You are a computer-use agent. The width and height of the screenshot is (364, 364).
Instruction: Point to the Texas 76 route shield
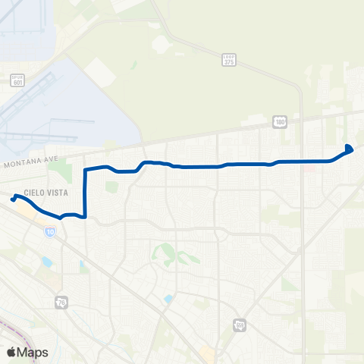[x=61, y=303]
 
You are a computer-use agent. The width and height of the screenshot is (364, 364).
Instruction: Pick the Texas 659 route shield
[x=240, y=325]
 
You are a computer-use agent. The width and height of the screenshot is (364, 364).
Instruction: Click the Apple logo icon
[x=11, y=352]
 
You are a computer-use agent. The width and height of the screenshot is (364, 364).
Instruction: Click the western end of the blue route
[x=13, y=199]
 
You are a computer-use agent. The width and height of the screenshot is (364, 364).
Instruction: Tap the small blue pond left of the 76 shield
[x=47, y=262]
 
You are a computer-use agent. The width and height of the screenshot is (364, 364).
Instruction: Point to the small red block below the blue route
[x=309, y=168]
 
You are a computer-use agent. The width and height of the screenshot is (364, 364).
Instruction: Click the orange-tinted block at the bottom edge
[x=206, y=353]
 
